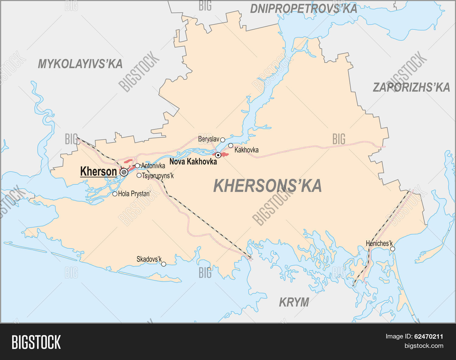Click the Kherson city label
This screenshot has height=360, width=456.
pos(98,172)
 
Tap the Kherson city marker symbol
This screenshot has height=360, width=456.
pos(124,172)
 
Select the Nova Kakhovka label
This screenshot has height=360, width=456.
pos(193,162)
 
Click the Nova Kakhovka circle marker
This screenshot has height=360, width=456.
pos(218,155)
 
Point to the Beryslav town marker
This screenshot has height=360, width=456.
pos(223,140)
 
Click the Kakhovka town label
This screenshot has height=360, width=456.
pos(247,150)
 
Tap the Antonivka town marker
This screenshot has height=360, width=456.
pos(137,166)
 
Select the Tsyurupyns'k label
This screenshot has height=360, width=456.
pos(158,176)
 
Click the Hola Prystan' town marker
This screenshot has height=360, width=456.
pos(115,194)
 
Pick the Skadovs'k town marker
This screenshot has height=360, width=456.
pos(164,264)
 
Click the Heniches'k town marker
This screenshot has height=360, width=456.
pos(392,249)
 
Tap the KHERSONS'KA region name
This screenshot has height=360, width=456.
pos(267,186)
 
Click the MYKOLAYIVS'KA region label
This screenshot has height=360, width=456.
pos(80,64)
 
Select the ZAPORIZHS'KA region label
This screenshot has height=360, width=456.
pos(411,87)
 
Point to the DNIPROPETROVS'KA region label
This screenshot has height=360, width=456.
pos(303,9)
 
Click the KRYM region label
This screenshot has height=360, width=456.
pos(294,302)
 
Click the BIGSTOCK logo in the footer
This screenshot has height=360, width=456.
pos(36,342)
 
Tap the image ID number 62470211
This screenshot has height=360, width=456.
pos(428,337)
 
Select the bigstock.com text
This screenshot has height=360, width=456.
pos(424,346)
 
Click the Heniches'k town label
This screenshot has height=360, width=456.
pos(379,243)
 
